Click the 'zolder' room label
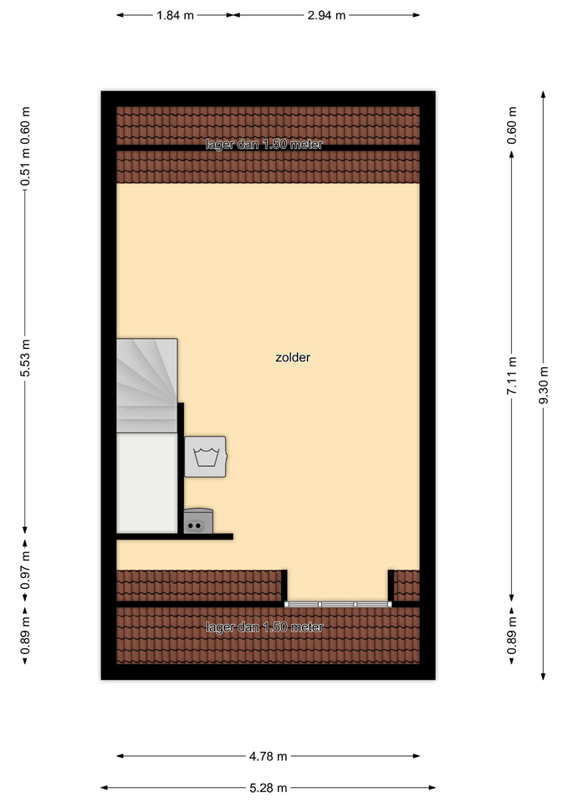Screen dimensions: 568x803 (293, 357)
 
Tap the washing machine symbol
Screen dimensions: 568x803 (206, 457)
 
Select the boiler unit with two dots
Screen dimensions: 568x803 (198, 521)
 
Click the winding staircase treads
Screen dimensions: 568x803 (147, 386)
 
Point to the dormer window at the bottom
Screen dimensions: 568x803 (338, 604)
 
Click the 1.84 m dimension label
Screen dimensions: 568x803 (175, 15)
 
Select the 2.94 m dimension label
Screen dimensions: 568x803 (326, 15)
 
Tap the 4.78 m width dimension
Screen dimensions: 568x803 (268, 756)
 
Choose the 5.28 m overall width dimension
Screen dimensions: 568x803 (268, 788)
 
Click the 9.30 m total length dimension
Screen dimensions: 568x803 (544, 385)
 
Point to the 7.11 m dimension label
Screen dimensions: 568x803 (512, 376)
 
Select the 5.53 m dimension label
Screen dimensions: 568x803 (25, 357)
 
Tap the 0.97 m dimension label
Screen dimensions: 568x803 (25, 570)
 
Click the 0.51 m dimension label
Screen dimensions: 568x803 (25, 167)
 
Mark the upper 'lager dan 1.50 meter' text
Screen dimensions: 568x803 (264, 145)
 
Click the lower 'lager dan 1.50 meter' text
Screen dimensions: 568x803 (265, 627)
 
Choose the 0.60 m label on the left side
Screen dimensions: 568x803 (25, 125)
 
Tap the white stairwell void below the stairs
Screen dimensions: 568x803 (147, 483)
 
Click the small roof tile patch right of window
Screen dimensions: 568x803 (407, 586)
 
